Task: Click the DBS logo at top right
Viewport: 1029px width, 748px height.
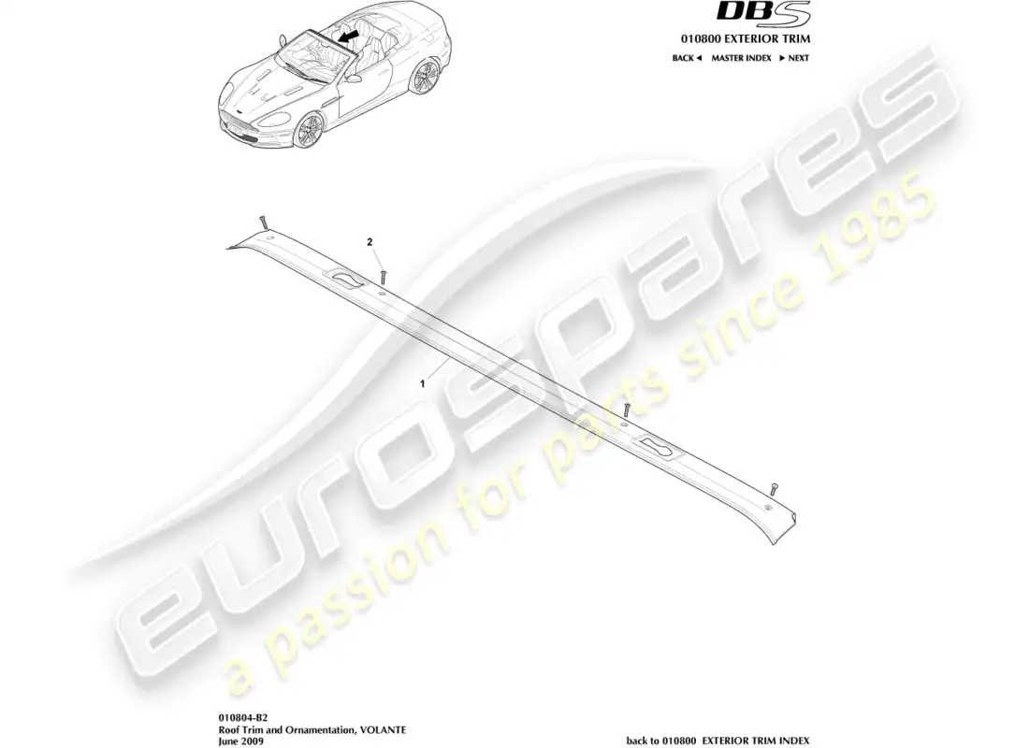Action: click(763, 13)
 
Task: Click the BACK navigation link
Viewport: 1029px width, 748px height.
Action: click(687, 58)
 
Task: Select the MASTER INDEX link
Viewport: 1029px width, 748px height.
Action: click(741, 58)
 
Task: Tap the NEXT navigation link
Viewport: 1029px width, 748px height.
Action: click(794, 58)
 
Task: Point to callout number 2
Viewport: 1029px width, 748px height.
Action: click(370, 242)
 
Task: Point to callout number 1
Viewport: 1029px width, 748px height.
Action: click(423, 384)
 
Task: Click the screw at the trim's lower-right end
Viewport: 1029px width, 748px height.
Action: click(775, 487)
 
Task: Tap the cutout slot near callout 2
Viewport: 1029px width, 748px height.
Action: click(346, 280)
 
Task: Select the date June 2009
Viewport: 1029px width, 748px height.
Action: click(240, 741)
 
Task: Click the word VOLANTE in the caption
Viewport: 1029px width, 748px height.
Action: click(383, 729)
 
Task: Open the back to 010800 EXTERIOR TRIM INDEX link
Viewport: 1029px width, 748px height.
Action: click(717, 741)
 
